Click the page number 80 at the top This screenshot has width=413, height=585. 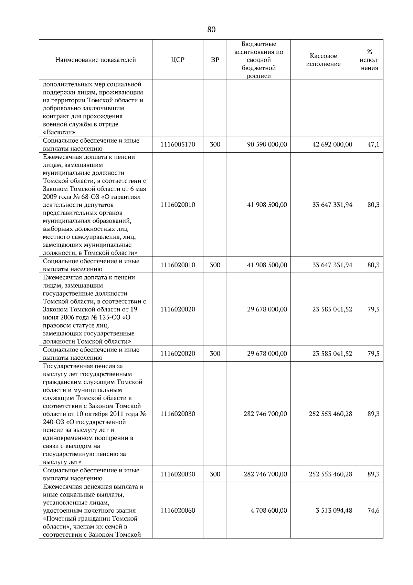point(211,30)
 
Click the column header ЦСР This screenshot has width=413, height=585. point(178,60)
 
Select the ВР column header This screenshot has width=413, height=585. point(215,60)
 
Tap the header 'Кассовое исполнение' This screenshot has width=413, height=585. point(323,60)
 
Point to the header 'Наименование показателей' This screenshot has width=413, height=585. point(96,60)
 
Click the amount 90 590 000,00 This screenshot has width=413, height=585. point(267,144)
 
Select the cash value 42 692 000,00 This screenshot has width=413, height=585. point(332,144)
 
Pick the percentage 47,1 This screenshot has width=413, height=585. point(373,144)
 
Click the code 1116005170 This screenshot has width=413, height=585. point(178,144)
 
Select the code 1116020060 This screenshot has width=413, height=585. point(178,510)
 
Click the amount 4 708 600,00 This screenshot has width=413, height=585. point(269,510)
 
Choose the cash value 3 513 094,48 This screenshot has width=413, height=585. point(334,510)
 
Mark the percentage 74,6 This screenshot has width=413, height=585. point(373,510)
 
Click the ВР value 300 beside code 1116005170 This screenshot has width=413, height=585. point(215,144)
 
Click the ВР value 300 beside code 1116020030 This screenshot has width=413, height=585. point(215,474)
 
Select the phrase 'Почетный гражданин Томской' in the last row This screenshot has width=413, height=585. point(91,519)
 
